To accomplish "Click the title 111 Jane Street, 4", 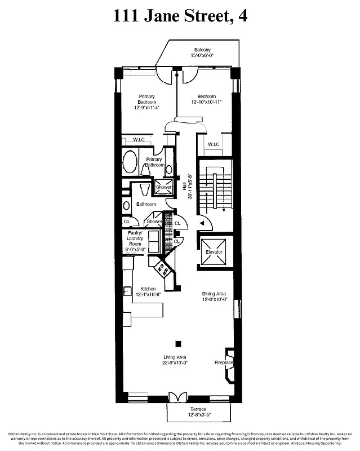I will point(180,16).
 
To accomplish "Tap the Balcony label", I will point(203,50).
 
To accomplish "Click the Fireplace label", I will point(224,362).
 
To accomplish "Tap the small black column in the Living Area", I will point(179,344).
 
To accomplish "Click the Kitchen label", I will point(148,289).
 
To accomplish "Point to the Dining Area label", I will point(215,293).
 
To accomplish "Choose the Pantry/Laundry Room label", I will point(135,241).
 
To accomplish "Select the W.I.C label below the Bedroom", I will point(214,144).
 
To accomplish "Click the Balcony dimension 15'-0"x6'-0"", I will point(203,55).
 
